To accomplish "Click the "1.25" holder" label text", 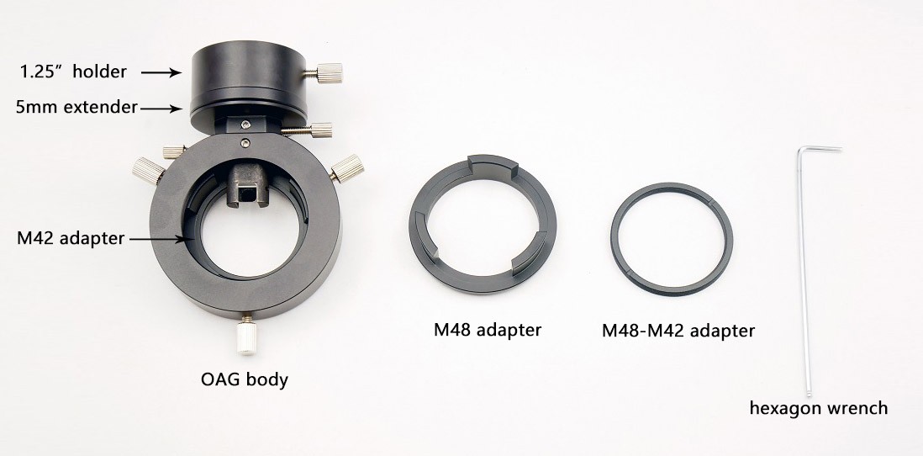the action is pyautogui.click(x=73, y=72).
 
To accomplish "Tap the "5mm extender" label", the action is pyautogui.click(x=76, y=108).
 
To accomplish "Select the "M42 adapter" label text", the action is pyautogui.click(x=71, y=239).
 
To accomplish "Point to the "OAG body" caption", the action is pyautogui.click(x=245, y=379).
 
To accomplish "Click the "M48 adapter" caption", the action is pyautogui.click(x=488, y=330).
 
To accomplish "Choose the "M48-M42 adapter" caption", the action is pyautogui.click(x=678, y=331).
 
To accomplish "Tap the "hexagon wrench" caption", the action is pyautogui.click(x=818, y=408).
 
